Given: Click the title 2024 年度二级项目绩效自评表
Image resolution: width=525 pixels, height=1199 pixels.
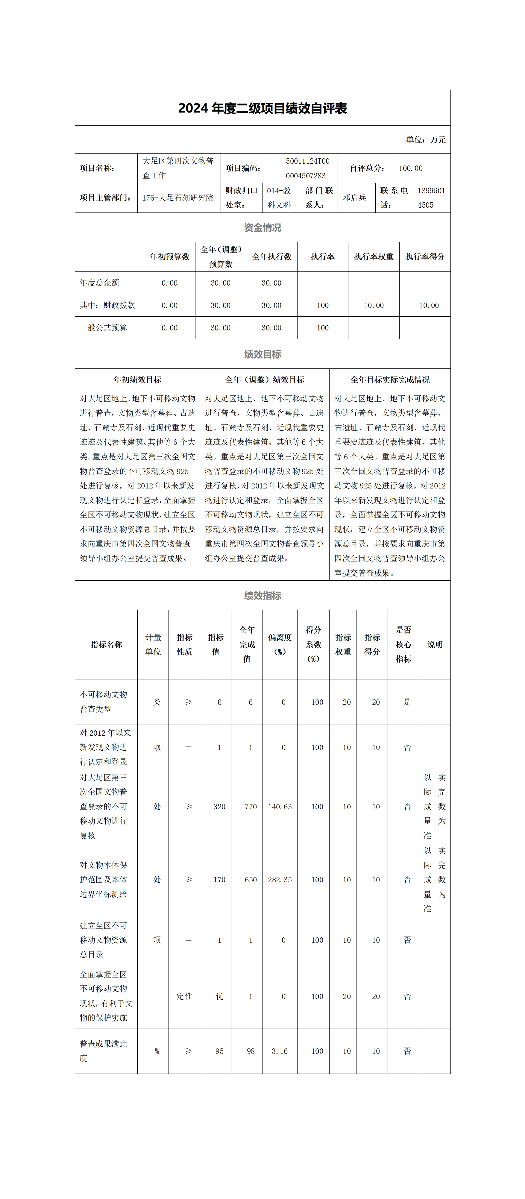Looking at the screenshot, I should (262, 108).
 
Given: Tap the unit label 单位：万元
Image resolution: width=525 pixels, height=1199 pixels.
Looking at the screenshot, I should (425, 140).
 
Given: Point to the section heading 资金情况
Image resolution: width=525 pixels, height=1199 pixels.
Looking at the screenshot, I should (262, 227).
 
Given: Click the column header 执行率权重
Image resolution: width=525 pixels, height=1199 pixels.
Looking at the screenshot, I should (374, 257).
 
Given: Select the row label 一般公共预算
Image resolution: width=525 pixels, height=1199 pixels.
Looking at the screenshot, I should (103, 328).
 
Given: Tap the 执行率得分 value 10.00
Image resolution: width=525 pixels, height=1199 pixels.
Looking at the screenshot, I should (429, 305).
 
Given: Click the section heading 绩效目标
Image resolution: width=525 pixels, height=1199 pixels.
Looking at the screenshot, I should (262, 354).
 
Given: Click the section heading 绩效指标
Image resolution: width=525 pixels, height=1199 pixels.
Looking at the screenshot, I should (262, 596).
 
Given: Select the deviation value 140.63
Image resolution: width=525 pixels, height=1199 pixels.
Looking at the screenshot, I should (280, 807).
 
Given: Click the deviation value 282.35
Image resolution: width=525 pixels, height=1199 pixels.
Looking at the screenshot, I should (280, 880).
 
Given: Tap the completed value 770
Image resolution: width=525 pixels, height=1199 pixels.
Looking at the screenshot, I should (251, 807).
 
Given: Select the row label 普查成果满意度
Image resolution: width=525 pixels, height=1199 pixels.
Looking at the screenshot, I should (103, 1051).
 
